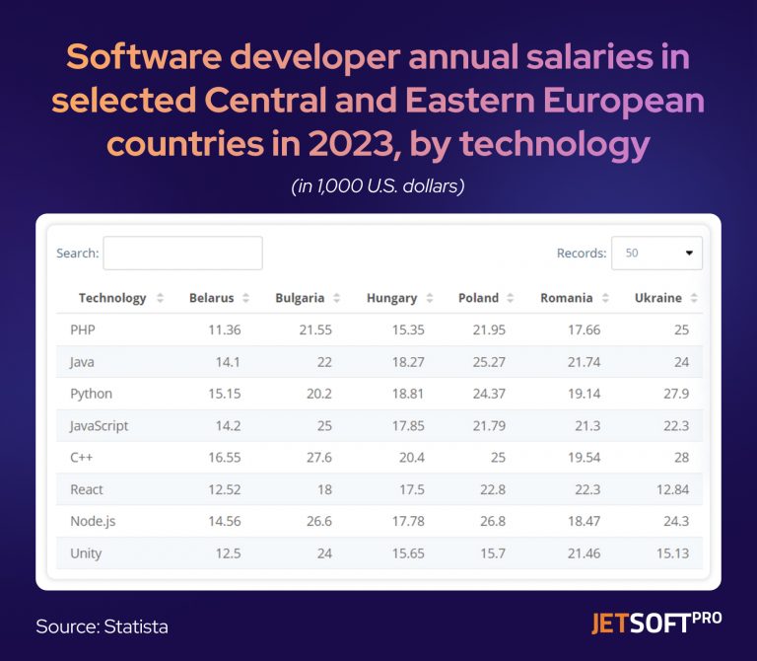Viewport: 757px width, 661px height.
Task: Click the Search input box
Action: coord(182,253)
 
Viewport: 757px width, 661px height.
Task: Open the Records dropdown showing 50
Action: coord(656,253)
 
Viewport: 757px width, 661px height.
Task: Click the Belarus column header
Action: coord(211,298)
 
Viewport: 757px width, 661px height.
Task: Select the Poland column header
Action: coord(478,298)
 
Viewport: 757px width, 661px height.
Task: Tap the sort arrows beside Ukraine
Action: coord(694,298)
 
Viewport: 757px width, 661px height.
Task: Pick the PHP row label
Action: coord(82,330)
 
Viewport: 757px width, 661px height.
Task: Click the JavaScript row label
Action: coord(99,425)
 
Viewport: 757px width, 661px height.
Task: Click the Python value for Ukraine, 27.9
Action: coord(675,394)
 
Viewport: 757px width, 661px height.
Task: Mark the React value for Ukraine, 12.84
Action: coord(671,489)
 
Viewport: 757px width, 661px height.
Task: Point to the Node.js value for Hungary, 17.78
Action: coord(406,521)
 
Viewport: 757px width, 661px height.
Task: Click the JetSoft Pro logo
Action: coord(655,623)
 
